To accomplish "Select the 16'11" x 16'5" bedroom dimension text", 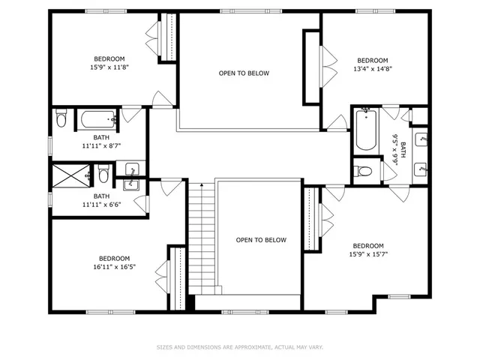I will coord(115,265).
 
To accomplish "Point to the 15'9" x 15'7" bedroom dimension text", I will coord(368,254).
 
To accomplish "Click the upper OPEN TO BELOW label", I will coord(244,73).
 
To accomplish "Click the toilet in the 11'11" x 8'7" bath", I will coord(61,118).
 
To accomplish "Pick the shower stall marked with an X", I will coord(69,176).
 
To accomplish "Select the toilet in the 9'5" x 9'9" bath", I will coord(364,171).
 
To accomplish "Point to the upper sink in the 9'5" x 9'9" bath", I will coord(421,139).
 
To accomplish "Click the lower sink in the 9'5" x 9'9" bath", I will coord(421,167).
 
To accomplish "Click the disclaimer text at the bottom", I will coord(240,347).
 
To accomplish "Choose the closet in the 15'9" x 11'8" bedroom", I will coord(170,37).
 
